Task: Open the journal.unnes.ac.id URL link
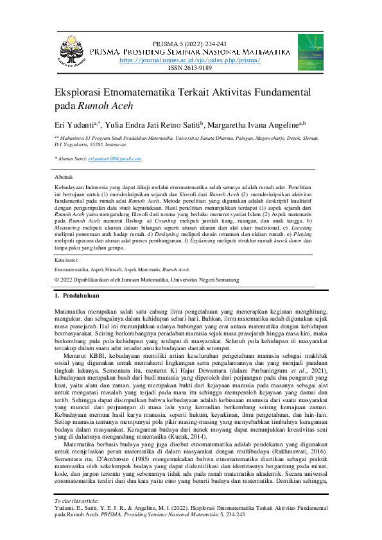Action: coord(190,59)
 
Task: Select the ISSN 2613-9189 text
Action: coord(190,67)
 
